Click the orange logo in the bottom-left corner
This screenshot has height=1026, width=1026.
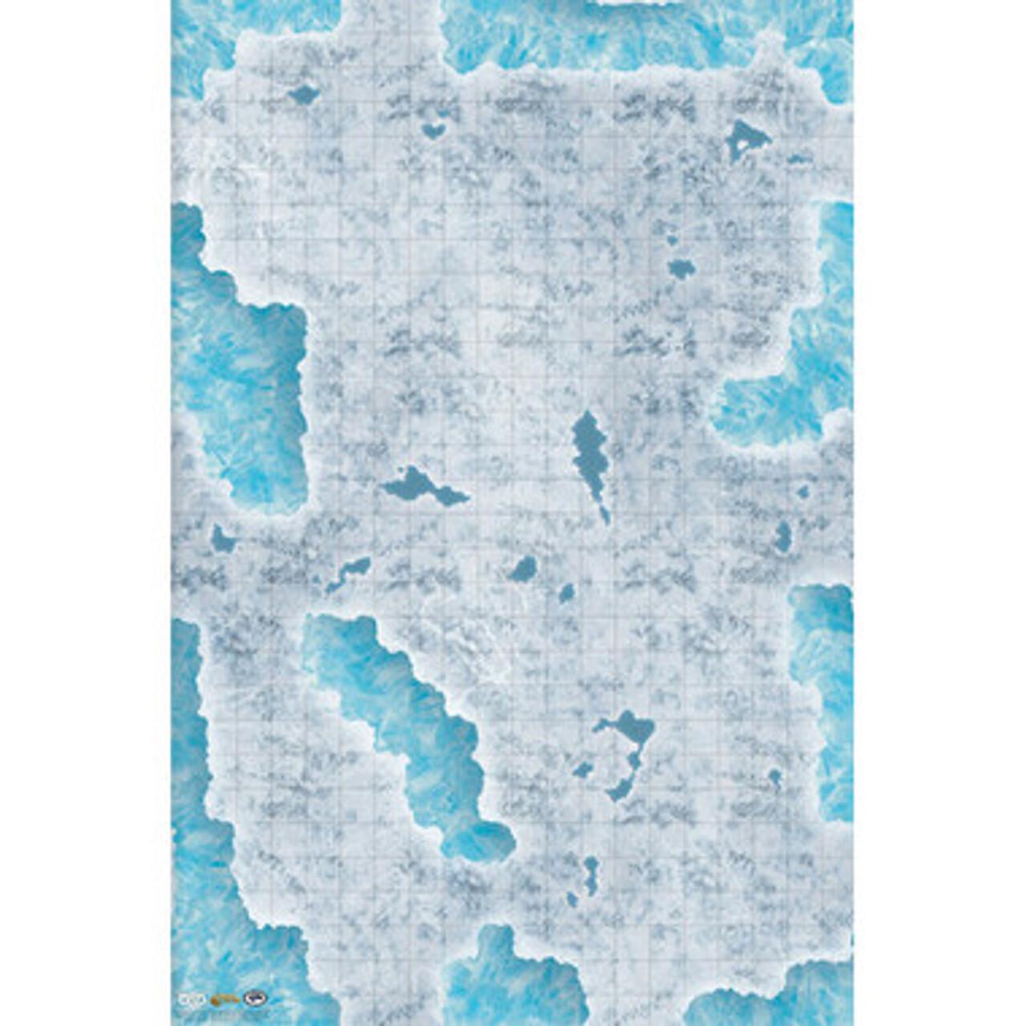click(223, 999)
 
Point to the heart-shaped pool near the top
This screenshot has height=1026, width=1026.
click(434, 129)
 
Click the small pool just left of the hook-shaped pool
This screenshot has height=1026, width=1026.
click(583, 769)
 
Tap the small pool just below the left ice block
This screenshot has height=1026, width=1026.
click(221, 539)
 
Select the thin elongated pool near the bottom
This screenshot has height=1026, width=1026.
click(591, 875)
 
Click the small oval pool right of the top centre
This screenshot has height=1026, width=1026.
click(682, 269)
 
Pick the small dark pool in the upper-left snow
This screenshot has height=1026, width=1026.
click(304, 95)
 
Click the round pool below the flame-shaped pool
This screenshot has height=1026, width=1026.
click(524, 569)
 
